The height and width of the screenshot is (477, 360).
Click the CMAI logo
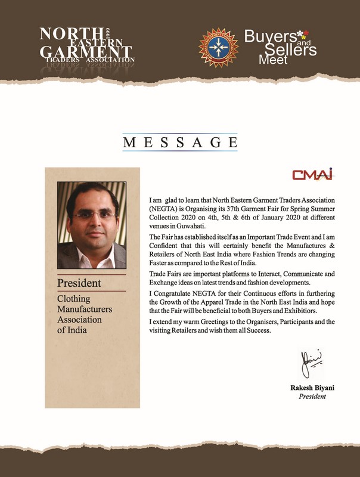(312, 174)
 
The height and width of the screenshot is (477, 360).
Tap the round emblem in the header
(217, 45)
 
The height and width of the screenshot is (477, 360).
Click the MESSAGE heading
(180, 143)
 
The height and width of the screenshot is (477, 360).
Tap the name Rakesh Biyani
(312, 388)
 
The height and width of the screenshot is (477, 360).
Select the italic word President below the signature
(312, 397)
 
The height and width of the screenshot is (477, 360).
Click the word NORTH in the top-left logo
(64, 33)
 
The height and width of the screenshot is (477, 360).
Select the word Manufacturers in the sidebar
(84, 310)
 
